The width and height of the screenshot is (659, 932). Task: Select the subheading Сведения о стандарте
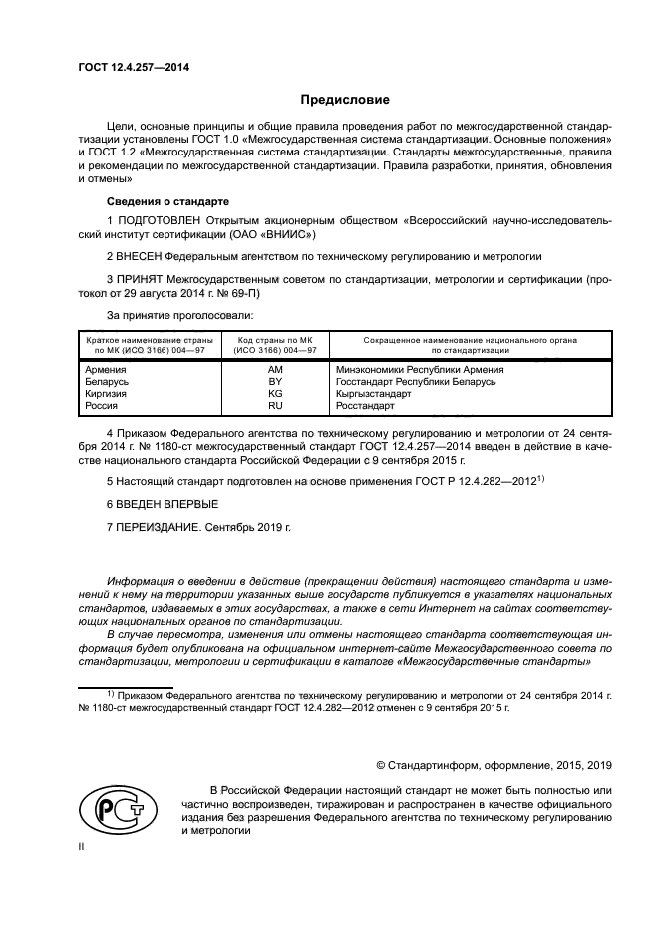point(153,200)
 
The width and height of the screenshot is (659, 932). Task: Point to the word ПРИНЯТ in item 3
point(144,278)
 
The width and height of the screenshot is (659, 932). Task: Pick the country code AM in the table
point(275,369)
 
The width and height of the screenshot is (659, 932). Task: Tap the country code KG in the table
point(275,394)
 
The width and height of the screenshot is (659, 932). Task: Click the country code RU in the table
point(275,406)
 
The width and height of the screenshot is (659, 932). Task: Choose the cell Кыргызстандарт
point(380,394)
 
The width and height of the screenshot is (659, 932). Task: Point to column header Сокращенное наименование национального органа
point(470,341)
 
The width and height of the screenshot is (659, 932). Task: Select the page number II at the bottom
point(82,845)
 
